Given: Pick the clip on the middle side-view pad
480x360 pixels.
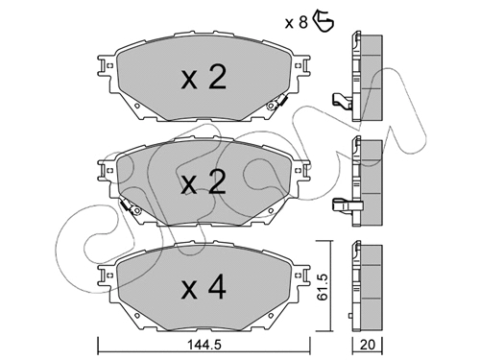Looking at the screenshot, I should click(x=340, y=204).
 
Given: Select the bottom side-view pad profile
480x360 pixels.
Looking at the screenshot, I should click(x=364, y=283).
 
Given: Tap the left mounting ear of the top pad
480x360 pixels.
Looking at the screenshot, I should click(x=102, y=66).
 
